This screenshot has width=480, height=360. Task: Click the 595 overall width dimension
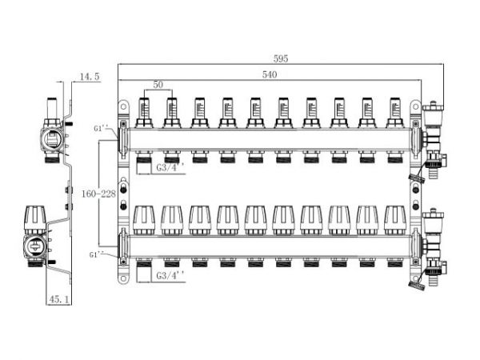(x=279, y=59)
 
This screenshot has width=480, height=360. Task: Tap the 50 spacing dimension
(x=158, y=85)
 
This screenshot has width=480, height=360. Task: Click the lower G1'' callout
(x=99, y=254)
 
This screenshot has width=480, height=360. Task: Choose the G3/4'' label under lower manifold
(x=170, y=275)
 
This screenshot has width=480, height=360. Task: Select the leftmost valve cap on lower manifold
(x=145, y=218)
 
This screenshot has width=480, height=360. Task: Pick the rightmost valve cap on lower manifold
(x=394, y=218)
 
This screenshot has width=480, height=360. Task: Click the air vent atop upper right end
(x=435, y=112)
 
